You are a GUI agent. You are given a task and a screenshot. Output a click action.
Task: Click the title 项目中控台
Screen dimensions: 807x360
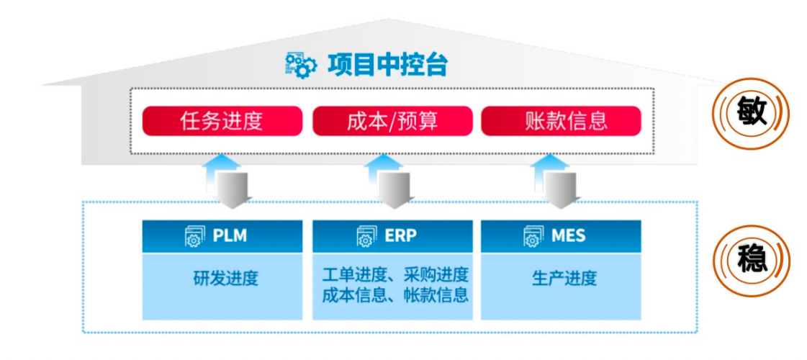[x=387, y=65]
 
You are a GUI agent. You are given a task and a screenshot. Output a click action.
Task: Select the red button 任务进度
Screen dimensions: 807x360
[x=222, y=121]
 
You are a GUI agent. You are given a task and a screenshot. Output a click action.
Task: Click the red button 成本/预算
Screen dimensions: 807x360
[x=392, y=121]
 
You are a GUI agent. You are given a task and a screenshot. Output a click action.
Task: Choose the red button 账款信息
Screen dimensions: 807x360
[x=561, y=121]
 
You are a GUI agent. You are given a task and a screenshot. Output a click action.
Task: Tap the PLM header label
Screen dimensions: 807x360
[x=230, y=236]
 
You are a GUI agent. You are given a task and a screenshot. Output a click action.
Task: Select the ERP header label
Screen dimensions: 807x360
[x=400, y=236]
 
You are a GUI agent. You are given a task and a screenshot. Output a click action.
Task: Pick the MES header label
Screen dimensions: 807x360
[x=568, y=236]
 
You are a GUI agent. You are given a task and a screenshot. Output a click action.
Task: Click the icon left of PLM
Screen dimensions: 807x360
[x=195, y=236]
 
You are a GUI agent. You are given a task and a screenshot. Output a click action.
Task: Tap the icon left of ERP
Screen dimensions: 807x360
[x=366, y=236]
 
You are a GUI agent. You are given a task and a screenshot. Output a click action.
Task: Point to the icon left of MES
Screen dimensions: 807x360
[x=533, y=236]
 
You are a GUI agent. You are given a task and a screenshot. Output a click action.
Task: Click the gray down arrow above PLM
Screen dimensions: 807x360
[x=233, y=190]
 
